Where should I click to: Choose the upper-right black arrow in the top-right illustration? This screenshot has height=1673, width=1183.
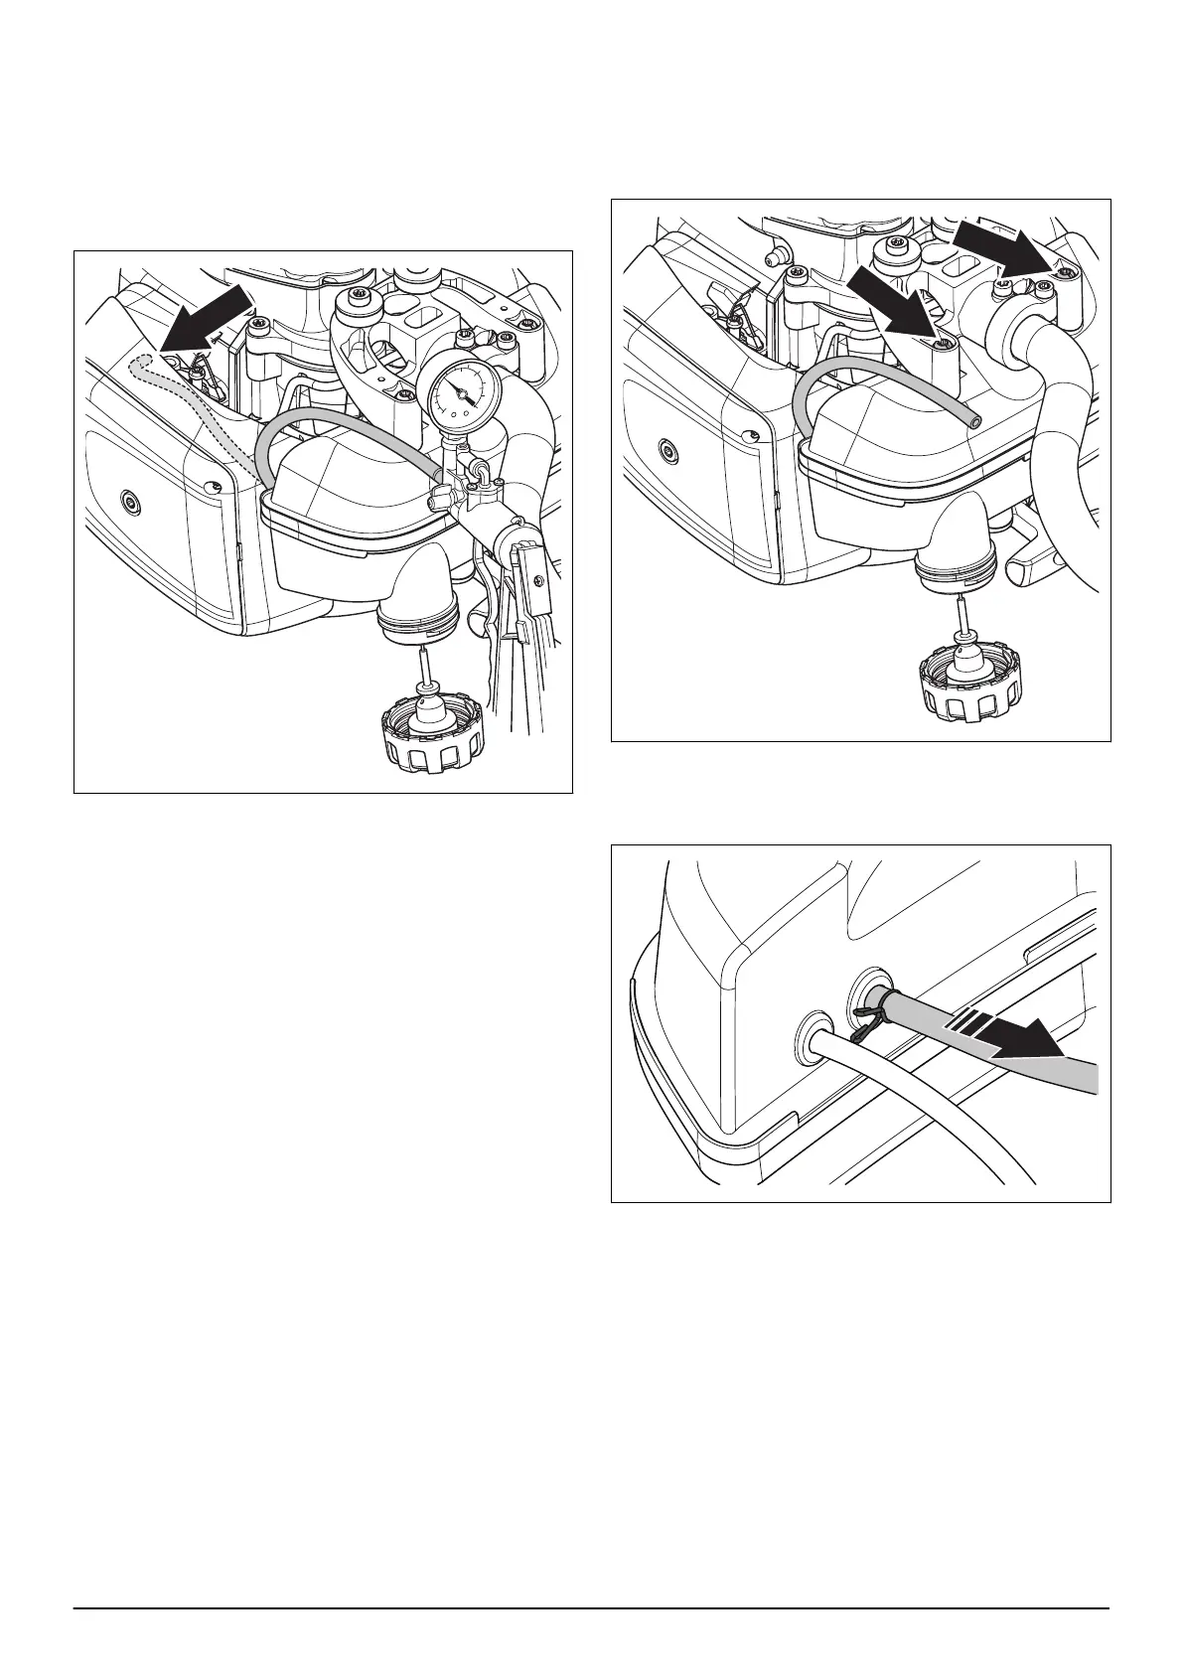coord(1008,245)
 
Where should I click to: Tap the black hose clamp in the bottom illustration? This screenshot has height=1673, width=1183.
coord(863,1018)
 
